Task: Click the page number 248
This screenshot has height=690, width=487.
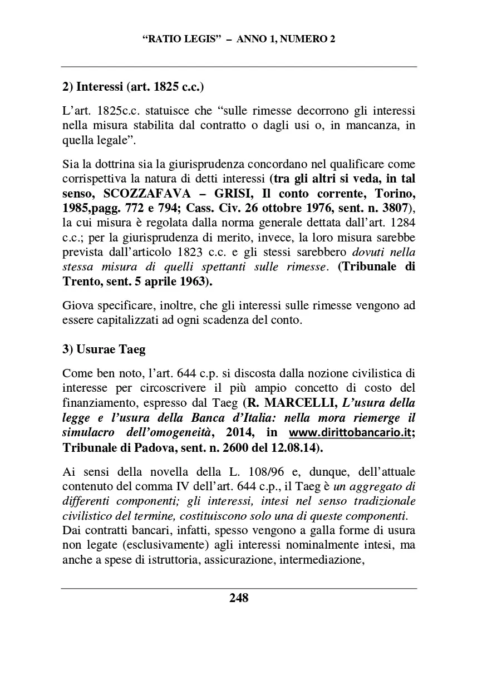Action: [239, 598]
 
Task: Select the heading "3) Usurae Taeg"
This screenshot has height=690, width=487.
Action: [104, 349]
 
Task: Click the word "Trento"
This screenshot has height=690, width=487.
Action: [80, 282]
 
